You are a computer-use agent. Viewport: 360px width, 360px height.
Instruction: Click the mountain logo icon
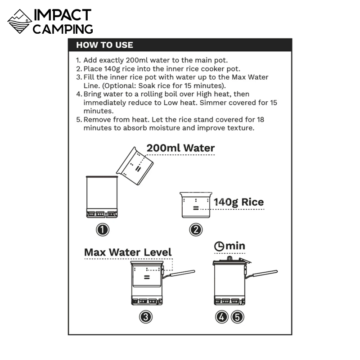[20, 21]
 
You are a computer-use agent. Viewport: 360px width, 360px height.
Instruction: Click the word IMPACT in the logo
[63, 15]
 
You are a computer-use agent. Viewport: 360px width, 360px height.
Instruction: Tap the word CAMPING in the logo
[63, 29]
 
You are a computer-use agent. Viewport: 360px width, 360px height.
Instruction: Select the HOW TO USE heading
[104, 45]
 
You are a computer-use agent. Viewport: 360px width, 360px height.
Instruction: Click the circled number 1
[103, 230]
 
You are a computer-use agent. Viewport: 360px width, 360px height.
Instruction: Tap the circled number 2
[196, 230]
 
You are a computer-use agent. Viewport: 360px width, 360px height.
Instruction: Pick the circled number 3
[146, 317]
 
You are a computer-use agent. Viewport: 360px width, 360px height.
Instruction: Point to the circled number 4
[221, 317]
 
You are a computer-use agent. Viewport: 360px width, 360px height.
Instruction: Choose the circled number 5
[238, 317]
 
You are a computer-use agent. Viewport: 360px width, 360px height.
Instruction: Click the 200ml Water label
[181, 148]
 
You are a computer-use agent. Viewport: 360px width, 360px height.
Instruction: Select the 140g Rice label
[239, 202]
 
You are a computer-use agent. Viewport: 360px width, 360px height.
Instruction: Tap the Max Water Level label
[128, 252]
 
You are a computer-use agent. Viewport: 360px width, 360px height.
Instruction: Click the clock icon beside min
[219, 246]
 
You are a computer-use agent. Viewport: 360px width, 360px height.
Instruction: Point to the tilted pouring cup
[135, 166]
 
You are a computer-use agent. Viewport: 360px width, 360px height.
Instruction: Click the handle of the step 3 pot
[179, 274]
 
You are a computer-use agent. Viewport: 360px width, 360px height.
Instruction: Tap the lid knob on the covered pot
[229, 258]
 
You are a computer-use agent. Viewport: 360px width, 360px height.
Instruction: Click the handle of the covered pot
[261, 274]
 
